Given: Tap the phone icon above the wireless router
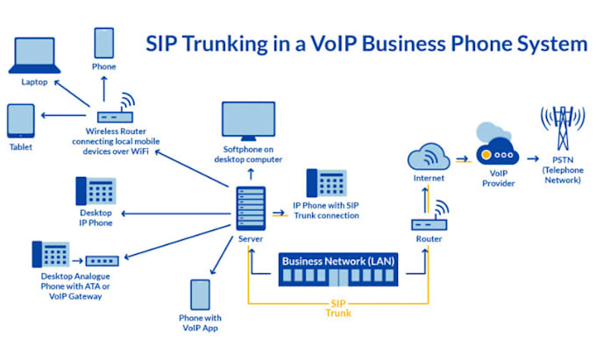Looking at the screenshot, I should click(x=104, y=42).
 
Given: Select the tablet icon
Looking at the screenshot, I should click(x=20, y=122).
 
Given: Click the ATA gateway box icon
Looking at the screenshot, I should click(x=103, y=259).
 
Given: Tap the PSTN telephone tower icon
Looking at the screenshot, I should click(x=562, y=130).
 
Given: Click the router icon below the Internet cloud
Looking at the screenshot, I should click(x=429, y=221).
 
